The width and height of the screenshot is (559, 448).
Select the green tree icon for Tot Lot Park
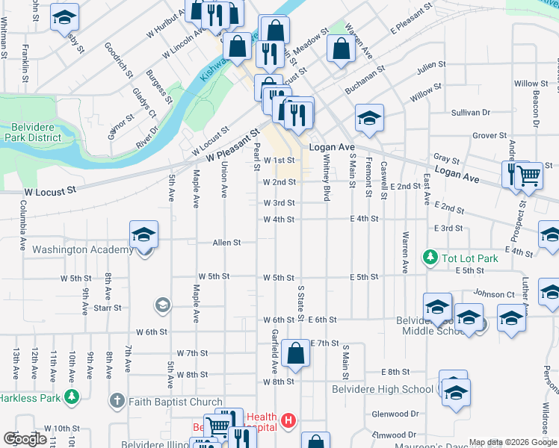(x=430, y=258)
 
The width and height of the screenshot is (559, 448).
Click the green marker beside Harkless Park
(x=72, y=397)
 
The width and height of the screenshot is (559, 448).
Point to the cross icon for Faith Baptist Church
(x=116, y=402)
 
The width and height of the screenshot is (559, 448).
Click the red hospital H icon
(x=288, y=423)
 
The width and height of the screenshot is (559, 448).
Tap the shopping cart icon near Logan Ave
(x=529, y=177)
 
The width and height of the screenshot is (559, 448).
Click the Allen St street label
(x=226, y=243)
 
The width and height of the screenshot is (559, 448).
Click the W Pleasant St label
(x=232, y=146)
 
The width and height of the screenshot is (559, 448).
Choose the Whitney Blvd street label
(x=327, y=184)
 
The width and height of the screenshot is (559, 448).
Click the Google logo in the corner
(x=25, y=438)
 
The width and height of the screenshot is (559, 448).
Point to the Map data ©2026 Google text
(x=512, y=442)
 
